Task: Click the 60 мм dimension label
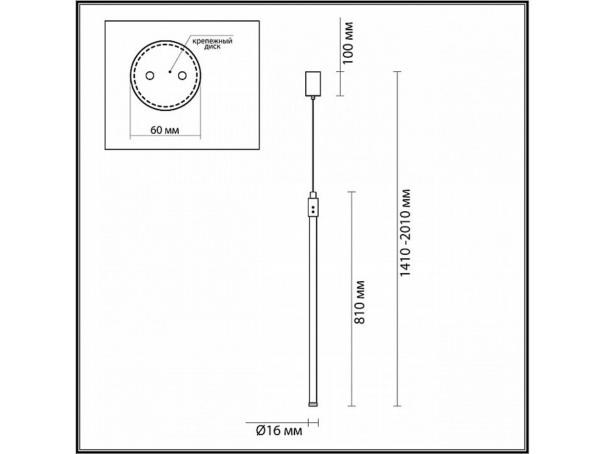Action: (x=165, y=130)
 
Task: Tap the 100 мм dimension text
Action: (x=348, y=43)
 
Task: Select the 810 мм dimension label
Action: (x=359, y=302)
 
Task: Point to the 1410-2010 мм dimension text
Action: (x=405, y=233)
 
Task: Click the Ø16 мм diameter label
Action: (x=279, y=431)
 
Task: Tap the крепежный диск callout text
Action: (x=212, y=43)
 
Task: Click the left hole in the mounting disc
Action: (x=149, y=75)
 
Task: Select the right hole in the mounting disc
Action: (x=182, y=75)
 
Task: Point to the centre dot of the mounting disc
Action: (x=170, y=71)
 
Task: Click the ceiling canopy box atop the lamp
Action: (x=313, y=83)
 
